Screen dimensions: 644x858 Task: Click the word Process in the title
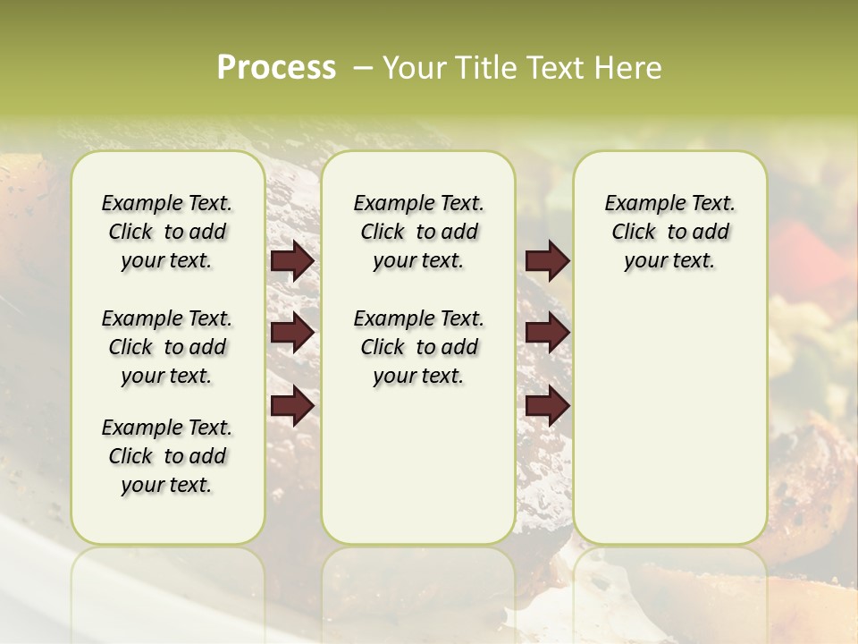click(x=276, y=67)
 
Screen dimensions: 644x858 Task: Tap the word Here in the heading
click(x=627, y=67)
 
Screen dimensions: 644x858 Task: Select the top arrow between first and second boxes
click(x=292, y=261)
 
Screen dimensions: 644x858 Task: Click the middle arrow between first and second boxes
click(x=292, y=334)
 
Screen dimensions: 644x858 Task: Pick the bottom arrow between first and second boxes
click(x=292, y=407)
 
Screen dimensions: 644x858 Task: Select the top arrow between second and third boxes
click(x=547, y=261)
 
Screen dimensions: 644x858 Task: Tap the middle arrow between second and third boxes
click(x=547, y=334)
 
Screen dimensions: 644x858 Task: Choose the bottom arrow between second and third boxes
click(x=547, y=407)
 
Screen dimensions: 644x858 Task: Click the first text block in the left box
click(x=167, y=232)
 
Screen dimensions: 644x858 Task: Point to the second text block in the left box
click(x=167, y=347)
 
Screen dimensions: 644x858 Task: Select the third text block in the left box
click(x=167, y=456)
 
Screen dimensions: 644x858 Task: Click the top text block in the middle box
click(x=418, y=232)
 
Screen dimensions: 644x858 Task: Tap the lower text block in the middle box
click(x=418, y=347)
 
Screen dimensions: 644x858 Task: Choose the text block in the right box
click(x=669, y=232)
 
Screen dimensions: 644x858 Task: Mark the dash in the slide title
click(x=362, y=68)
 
